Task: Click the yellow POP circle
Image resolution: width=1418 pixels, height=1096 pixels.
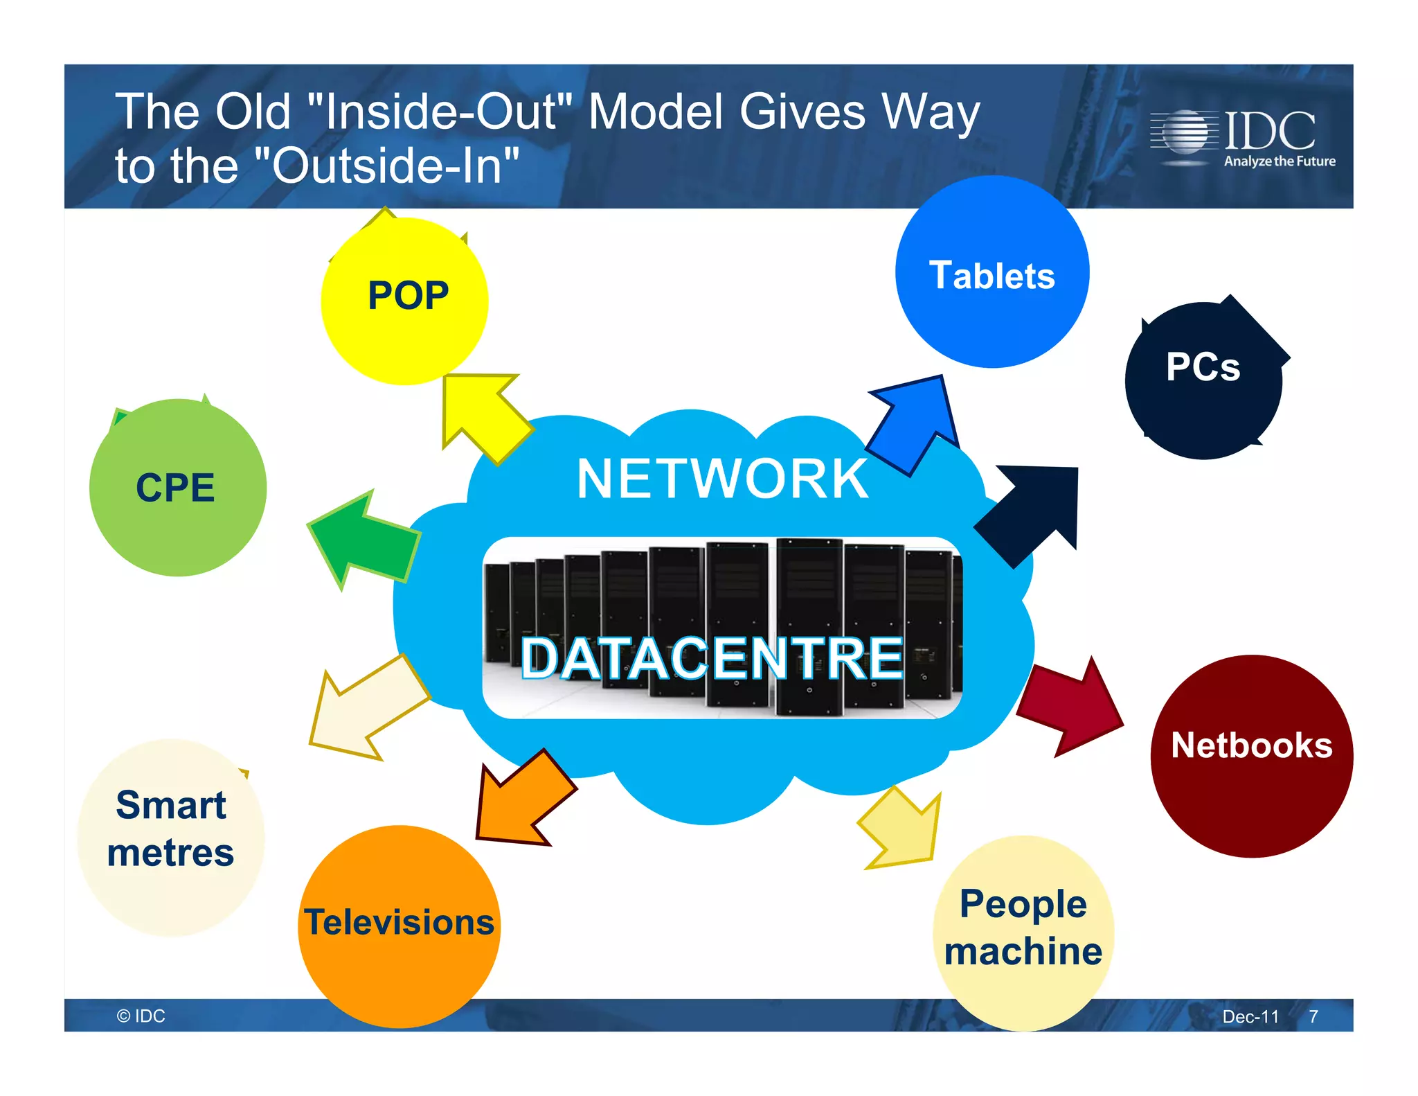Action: (x=405, y=302)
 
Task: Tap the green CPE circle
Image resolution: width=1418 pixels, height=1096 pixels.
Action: (x=178, y=488)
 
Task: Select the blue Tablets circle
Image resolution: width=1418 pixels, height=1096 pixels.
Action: (x=992, y=272)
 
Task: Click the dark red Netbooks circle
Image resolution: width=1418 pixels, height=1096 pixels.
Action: (x=1251, y=756)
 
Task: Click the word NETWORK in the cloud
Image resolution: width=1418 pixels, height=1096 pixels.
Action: (x=722, y=479)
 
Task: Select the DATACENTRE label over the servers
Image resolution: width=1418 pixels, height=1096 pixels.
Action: (x=712, y=658)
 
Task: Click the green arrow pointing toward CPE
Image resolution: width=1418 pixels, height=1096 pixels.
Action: (x=364, y=541)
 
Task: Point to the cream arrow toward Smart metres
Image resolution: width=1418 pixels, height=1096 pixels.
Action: (x=367, y=710)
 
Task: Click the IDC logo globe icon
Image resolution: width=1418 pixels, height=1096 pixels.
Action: (x=1185, y=132)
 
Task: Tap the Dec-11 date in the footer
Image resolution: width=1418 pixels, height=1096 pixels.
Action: (x=1250, y=1016)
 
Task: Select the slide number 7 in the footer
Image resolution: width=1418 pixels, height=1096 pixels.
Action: (x=1313, y=1016)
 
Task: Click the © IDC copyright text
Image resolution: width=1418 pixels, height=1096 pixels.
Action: (x=141, y=1016)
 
